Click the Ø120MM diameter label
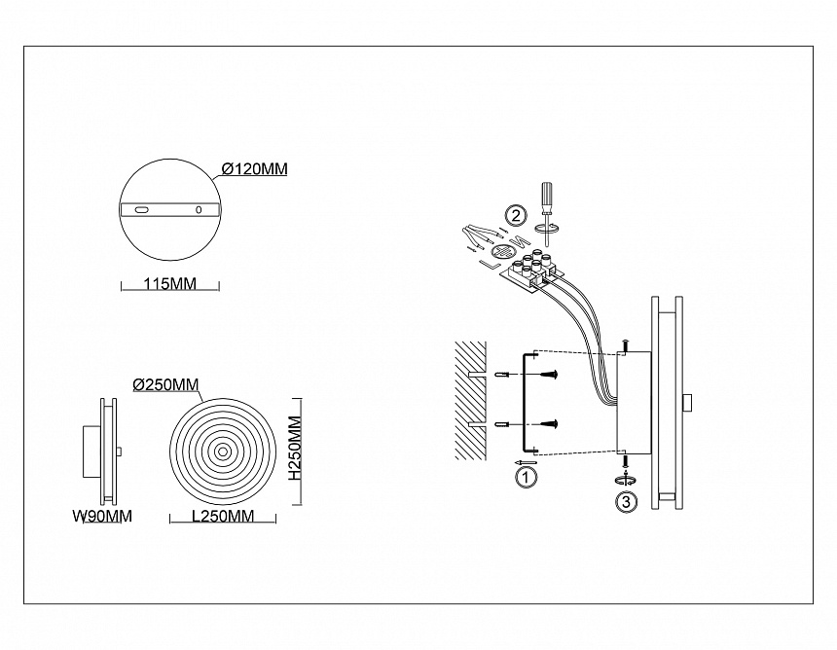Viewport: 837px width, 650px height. tap(255, 169)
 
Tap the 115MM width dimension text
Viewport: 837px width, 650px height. tap(169, 283)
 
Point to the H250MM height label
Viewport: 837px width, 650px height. tap(295, 450)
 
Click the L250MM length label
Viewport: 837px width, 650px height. tap(223, 516)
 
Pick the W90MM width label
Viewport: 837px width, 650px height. tap(102, 516)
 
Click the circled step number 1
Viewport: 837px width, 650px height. tap(527, 477)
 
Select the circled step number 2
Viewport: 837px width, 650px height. tap(516, 216)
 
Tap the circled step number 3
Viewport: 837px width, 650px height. tap(626, 502)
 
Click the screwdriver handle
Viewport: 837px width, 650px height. tap(547, 195)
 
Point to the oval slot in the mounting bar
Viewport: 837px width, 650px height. tap(142, 210)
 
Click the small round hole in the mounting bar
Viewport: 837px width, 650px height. tap(199, 210)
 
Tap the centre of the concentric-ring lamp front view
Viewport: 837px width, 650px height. tap(222, 451)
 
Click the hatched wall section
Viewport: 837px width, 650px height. tap(470, 400)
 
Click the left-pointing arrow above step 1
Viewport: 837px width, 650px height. tap(526, 462)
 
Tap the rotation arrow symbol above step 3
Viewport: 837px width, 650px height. tap(626, 480)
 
